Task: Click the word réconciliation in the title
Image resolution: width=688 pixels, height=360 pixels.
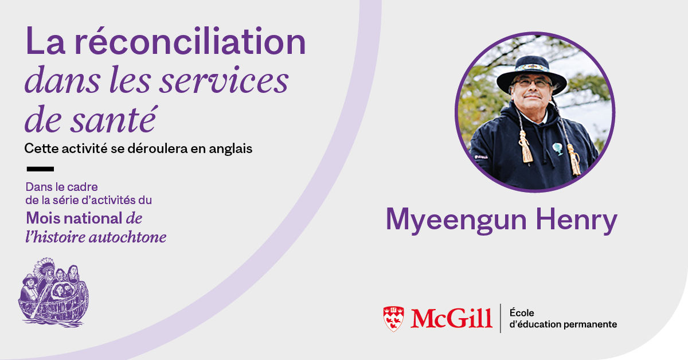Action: (190, 41)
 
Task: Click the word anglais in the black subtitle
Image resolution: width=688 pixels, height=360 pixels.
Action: (230, 149)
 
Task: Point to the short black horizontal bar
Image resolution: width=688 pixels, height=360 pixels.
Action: (40, 169)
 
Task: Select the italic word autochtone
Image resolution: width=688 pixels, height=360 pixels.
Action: (127, 237)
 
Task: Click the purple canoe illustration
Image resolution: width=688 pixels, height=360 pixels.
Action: (53, 292)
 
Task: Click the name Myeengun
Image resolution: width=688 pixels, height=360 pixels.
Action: (456, 221)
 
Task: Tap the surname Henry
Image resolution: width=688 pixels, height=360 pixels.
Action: (577, 221)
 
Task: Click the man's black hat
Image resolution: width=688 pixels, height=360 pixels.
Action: (531, 74)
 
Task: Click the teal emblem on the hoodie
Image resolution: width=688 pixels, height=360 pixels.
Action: (558, 148)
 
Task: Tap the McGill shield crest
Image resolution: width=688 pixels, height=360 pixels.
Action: (393, 319)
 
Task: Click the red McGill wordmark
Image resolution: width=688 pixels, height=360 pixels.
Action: (452, 319)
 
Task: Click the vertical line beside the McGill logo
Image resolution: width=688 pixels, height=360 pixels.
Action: (501, 318)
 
